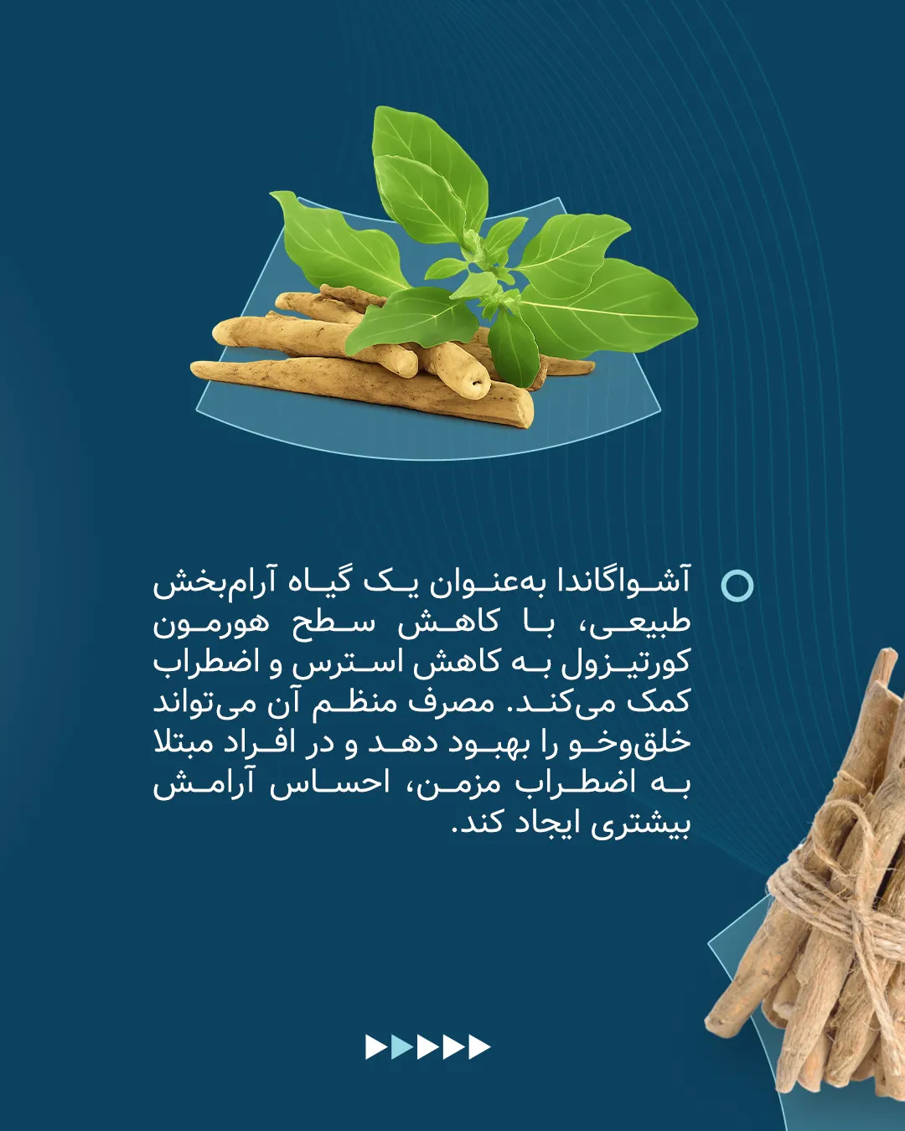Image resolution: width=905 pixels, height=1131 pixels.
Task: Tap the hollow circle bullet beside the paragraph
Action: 737,585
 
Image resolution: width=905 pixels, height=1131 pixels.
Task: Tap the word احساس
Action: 330,783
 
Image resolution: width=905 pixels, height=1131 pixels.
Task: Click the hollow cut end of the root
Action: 476,382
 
